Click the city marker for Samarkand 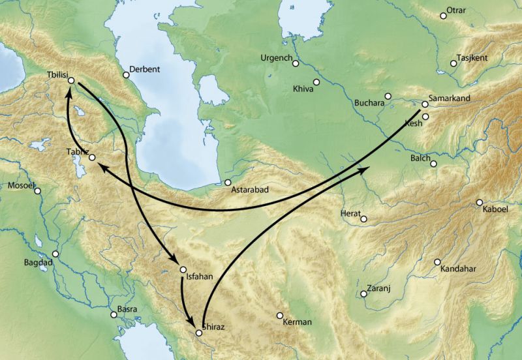(425, 104)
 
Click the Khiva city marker (316, 82)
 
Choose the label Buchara (367, 103)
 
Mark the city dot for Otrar (443, 16)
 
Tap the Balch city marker (433, 164)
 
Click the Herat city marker (363, 219)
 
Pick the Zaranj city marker (363, 294)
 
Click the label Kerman (298, 322)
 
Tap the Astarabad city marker (228, 183)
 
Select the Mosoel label (21, 185)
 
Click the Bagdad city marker (55, 254)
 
